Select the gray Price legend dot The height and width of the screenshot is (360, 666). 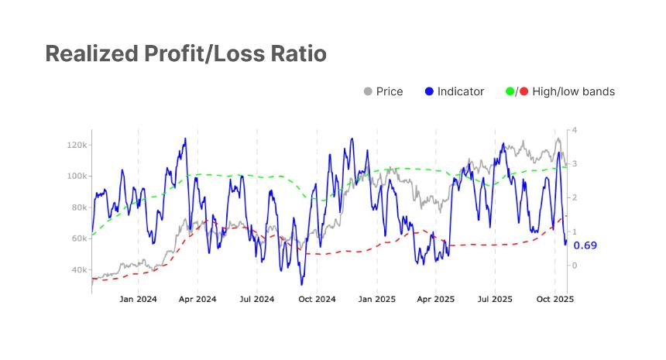[368, 91]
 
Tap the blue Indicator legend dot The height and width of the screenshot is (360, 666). [429, 91]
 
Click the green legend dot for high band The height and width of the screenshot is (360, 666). [509, 91]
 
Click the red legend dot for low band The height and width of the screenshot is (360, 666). [524, 91]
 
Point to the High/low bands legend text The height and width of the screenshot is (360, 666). [573, 91]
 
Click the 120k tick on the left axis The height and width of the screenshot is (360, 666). [77, 145]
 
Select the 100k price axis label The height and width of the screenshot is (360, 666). [77, 176]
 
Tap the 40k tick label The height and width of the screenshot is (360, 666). [79, 270]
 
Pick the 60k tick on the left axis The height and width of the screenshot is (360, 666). [79, 238]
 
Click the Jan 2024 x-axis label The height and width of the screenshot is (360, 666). [138, 298]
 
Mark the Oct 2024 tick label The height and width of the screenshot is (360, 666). [316, 298]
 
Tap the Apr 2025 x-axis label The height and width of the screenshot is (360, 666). [435, 298]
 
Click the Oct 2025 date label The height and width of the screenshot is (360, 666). [554, 298]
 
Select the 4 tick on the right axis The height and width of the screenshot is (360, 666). [574, 130]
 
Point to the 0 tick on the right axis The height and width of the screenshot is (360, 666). [574, 266]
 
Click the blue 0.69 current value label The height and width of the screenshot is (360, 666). [585, 245]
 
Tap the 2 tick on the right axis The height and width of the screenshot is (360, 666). [574, 198]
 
